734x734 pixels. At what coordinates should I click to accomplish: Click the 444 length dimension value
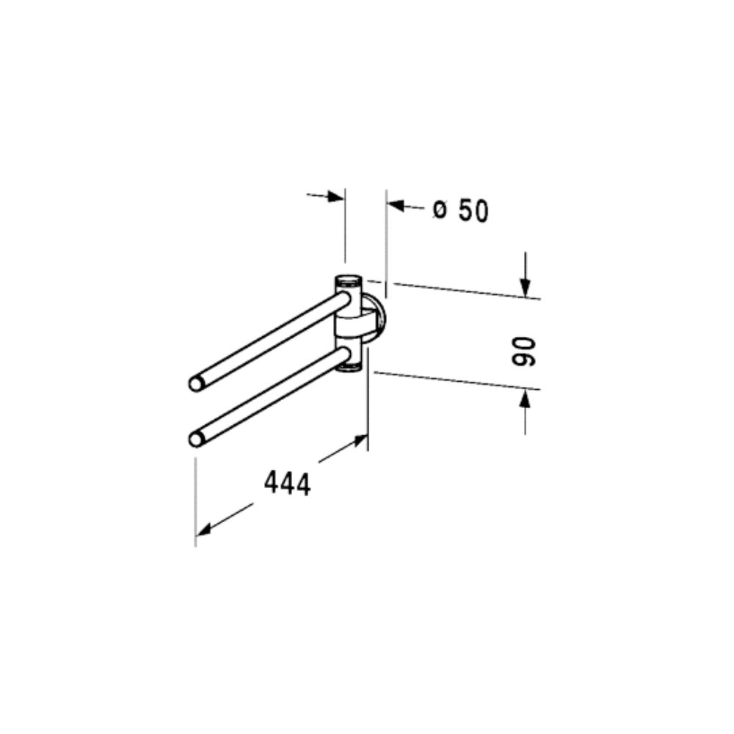point(288,484)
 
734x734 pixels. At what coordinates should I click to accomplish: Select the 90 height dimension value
point(523,352)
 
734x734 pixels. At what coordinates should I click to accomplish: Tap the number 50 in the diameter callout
point(473,211)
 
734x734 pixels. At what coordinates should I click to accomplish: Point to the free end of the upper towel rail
point(196,384)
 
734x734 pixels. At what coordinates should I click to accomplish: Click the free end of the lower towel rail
point(196,440)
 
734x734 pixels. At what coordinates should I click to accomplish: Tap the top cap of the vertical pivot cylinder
point(349,281)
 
